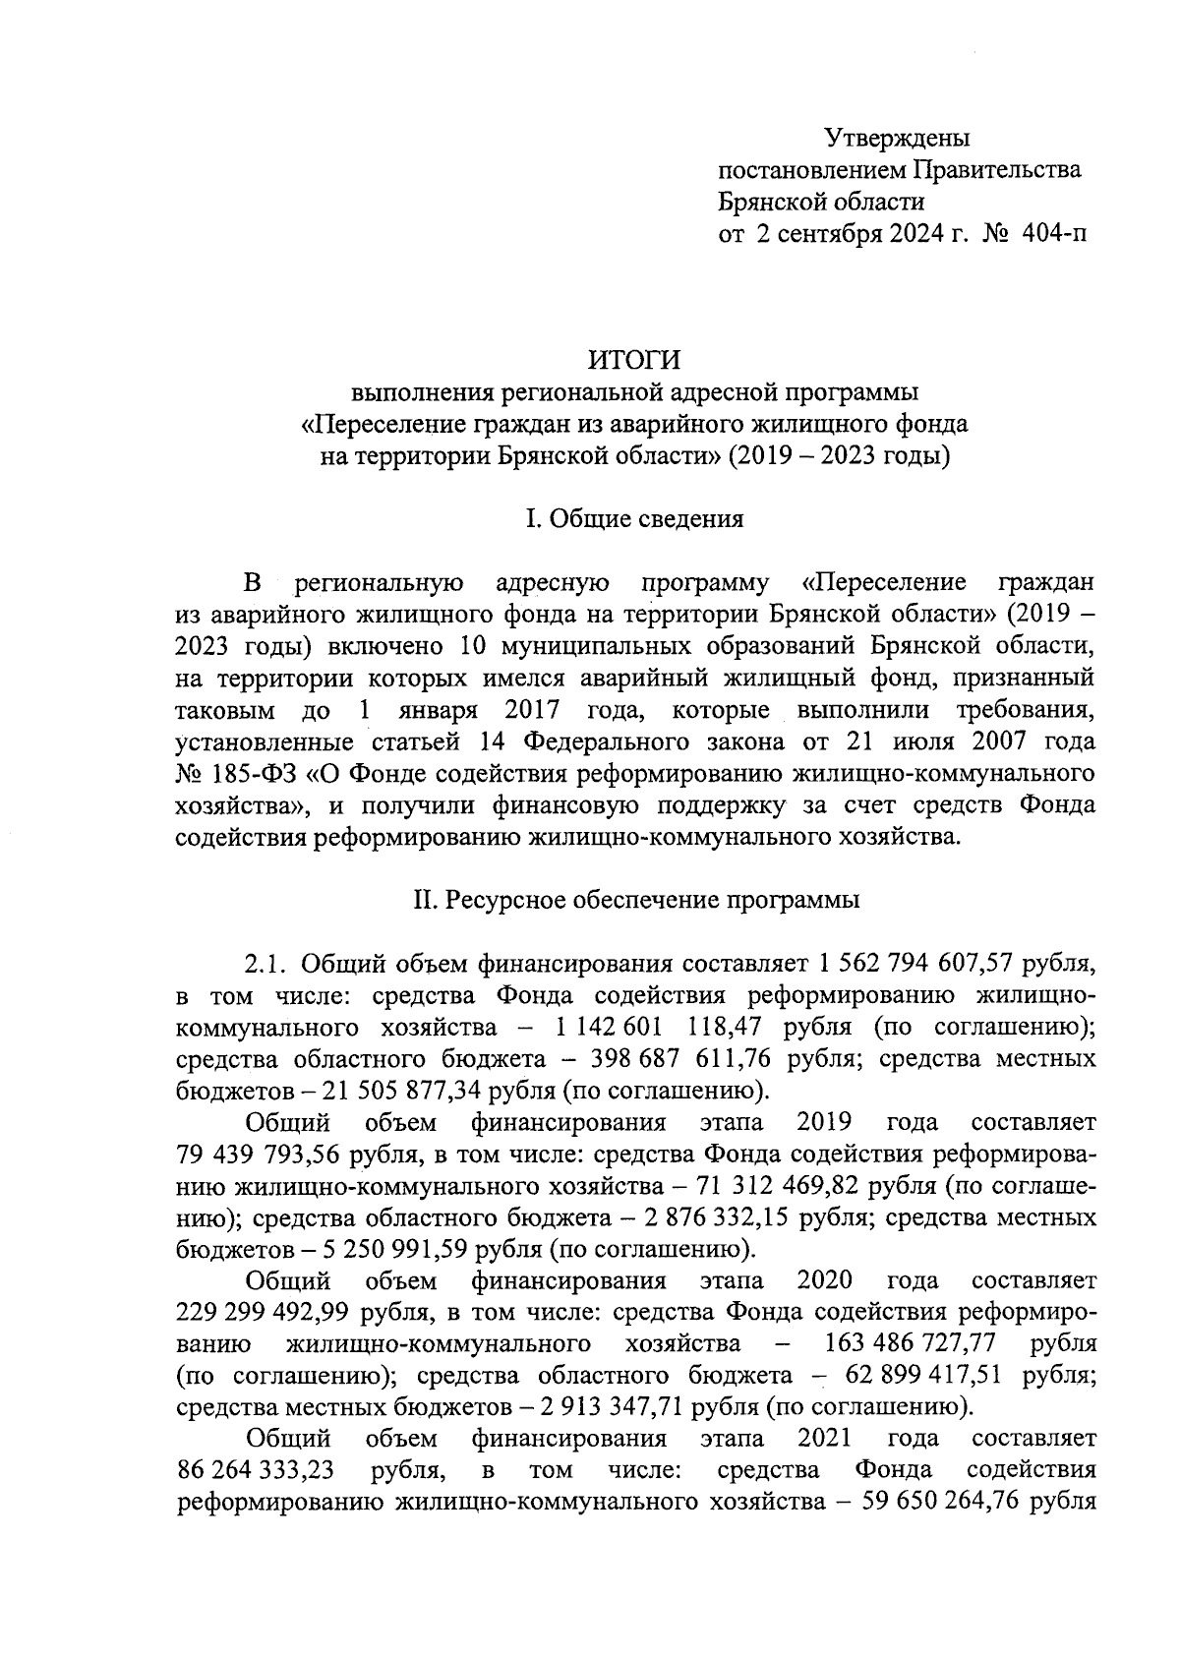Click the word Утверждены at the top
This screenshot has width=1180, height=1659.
pos(896,136)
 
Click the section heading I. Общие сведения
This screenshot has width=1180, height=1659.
pos(634,518)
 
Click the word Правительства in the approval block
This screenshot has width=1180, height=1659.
pos(998,170)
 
